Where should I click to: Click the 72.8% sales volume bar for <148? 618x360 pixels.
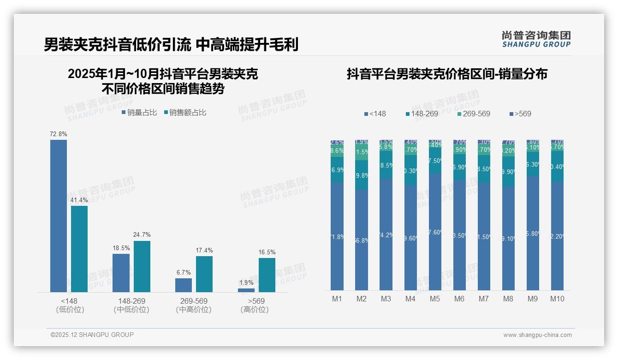click(x=59, y=216)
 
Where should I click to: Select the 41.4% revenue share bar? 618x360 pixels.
click(x=79, y=249)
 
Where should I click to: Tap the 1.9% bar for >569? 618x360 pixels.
click(x=246, y=290)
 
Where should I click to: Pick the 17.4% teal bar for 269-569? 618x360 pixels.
click(x=204, y=274)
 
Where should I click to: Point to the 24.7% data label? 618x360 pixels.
click(x=142, y=235)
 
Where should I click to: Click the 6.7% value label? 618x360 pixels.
click(x=184, y=272)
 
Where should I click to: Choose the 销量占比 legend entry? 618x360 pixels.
click(x=139, y=113)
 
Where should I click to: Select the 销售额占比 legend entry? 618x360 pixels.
click(x=185, y=113)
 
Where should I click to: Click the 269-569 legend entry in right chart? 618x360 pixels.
click(x=474, y=114)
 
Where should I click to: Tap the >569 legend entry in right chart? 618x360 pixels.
click(x=520, y=114)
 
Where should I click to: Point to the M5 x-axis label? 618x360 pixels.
click(x=435, y=299)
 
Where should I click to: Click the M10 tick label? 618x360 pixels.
click(x=557, y=299)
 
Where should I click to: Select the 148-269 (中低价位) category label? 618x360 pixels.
click(x=131, y=305)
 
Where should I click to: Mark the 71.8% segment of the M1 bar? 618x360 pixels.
click(x=337, y=236)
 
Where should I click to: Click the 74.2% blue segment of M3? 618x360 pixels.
click(x=386, y=234)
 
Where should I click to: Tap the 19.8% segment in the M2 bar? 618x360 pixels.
click(x=362, y=175)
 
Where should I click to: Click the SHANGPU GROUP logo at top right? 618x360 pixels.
click(x=536, y=39)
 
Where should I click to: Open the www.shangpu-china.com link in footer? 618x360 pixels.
click(x=537, y=335)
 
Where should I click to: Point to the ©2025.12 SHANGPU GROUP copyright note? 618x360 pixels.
click(x=92, y=335)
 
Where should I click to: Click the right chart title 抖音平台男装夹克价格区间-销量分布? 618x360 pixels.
click(x=447, y=74)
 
